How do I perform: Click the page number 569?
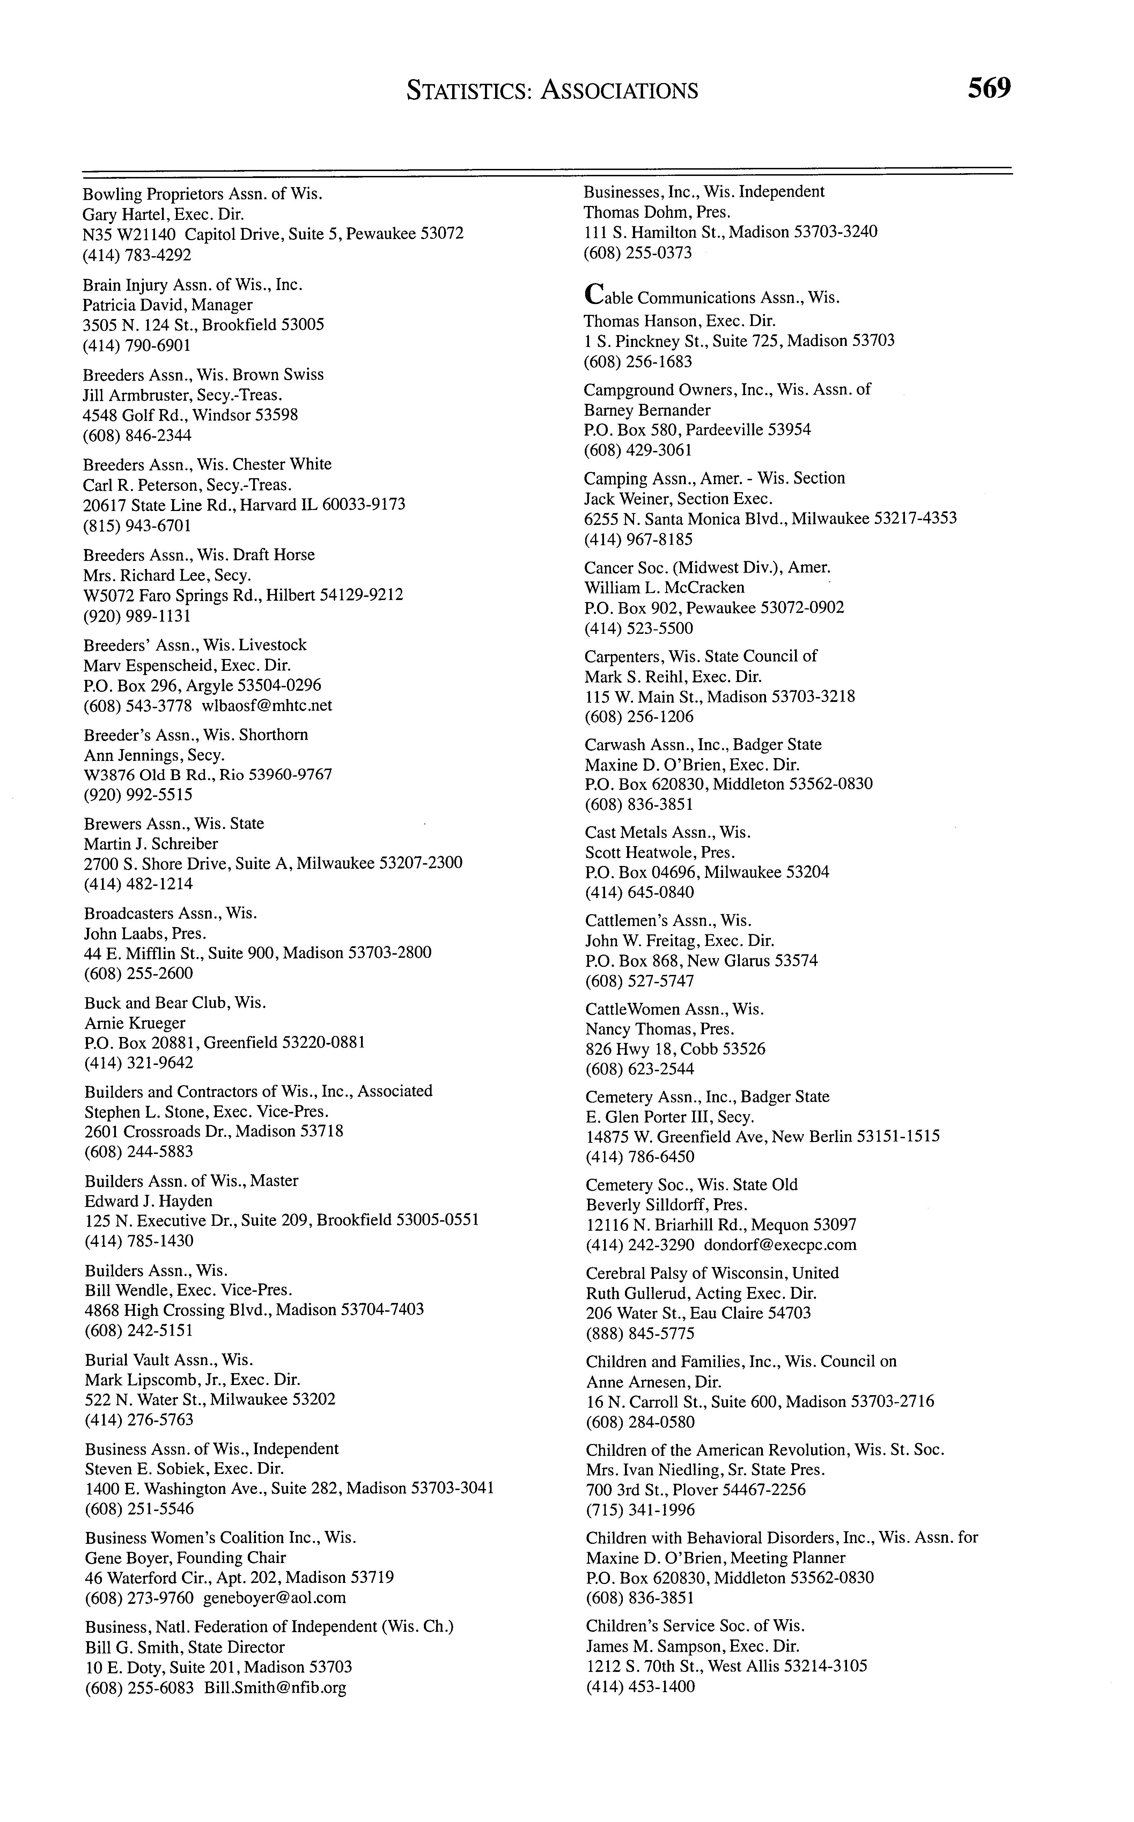point(988,89)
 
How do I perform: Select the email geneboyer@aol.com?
point(274,1598)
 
